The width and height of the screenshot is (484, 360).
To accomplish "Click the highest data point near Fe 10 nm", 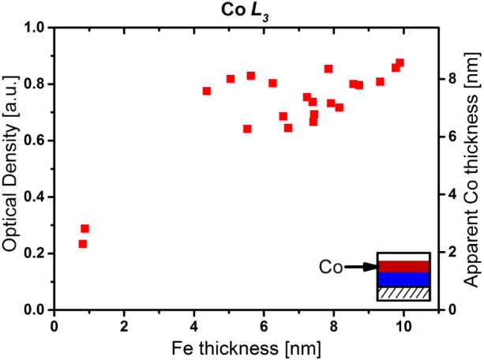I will tap(400, 62).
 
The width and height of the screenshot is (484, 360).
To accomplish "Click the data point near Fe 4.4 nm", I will tap(207, 91).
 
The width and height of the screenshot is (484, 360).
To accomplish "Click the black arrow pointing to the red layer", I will tap(359, 268).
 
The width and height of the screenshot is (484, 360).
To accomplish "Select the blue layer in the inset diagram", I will tap(403, 279).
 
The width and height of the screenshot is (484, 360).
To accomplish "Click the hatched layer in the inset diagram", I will tap(403, 293).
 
